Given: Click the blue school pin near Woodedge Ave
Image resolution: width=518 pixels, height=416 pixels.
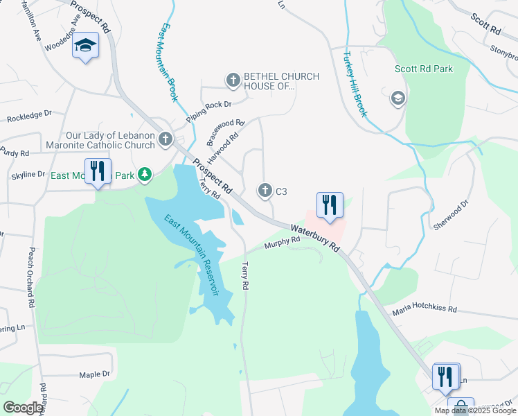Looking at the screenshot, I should click(x=85, y=46).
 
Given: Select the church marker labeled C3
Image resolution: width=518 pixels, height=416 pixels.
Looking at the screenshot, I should click(x=265, y=189).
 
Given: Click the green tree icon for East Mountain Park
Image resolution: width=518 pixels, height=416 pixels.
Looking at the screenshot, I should click(x=144, y=174).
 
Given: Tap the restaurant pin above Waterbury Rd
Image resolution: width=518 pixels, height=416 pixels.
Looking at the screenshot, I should click(x=330, y=205).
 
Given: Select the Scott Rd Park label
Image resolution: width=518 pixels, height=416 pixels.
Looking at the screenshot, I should click(x=424, y=69).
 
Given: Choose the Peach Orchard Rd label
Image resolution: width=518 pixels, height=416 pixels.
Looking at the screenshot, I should click(x=30, y=277).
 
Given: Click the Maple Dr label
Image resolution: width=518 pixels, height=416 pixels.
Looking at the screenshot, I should click(x=94, y=374).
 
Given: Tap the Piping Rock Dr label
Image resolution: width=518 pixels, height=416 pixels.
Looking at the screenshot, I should click(x=208, y=105).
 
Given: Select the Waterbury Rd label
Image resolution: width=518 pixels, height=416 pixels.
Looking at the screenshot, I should click(x=315, y=237).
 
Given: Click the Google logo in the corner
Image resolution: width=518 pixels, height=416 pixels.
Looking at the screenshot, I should click(x=23, y=407).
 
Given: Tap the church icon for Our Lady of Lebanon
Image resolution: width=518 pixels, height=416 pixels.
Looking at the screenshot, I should click(x=165, y=139).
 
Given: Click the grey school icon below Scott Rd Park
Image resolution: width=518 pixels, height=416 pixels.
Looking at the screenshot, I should click(x=398, y=99).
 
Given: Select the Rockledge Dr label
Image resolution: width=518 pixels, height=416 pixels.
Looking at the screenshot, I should click(x=29, y=115).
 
